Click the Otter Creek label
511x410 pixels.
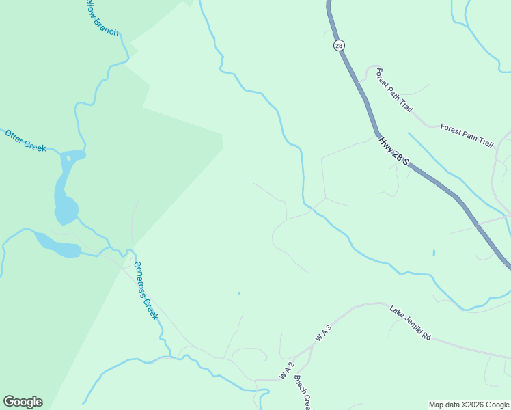pos(25,140)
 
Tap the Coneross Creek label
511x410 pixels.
pos(146,290)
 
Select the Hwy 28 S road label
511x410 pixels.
pos(393,150)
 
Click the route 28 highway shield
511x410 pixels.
pos(339,45)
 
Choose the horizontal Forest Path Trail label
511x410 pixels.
pos(467,135)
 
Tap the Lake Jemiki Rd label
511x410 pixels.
pos(410,323)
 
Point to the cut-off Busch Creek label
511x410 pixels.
pos(303,392)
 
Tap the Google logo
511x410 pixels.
pos(23,402)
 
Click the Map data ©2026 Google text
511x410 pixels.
pos(469,405)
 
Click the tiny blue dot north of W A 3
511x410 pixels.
pos(238,294)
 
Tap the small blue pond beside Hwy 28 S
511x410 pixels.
pos(433,253)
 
